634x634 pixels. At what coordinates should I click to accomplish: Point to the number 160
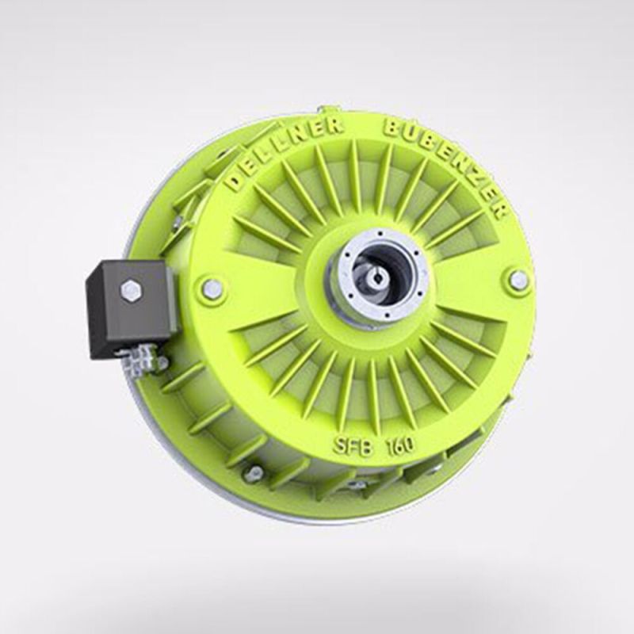399,445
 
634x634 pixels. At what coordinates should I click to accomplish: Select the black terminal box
130,305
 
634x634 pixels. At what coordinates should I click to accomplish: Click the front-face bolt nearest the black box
212,288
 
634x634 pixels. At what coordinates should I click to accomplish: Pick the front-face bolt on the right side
518,280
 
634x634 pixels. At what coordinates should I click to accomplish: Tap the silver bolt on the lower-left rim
253,474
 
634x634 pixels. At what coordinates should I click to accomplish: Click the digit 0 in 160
407,445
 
